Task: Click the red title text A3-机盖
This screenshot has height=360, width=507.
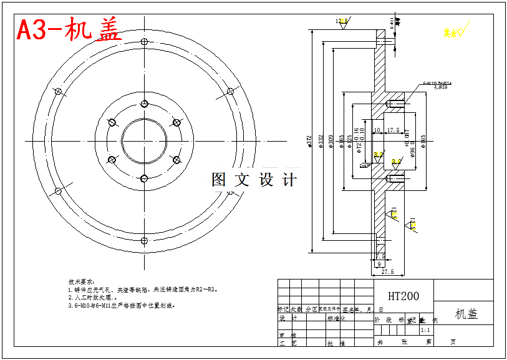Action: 68,29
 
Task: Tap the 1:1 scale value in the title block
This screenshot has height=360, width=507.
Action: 425,330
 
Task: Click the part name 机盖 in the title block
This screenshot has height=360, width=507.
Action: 466,314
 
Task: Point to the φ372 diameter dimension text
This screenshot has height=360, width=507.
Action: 310,142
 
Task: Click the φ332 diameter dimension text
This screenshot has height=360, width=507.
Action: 322,142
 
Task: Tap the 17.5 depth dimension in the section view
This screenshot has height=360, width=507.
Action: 393,130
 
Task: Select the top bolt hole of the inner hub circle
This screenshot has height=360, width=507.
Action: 144,104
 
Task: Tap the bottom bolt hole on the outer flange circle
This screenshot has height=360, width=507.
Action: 144,240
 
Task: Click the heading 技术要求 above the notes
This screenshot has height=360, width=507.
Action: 81,282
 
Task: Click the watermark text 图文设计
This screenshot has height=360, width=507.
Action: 254,180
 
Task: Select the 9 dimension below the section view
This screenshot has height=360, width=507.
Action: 380,264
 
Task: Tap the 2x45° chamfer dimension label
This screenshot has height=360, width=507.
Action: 364,166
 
